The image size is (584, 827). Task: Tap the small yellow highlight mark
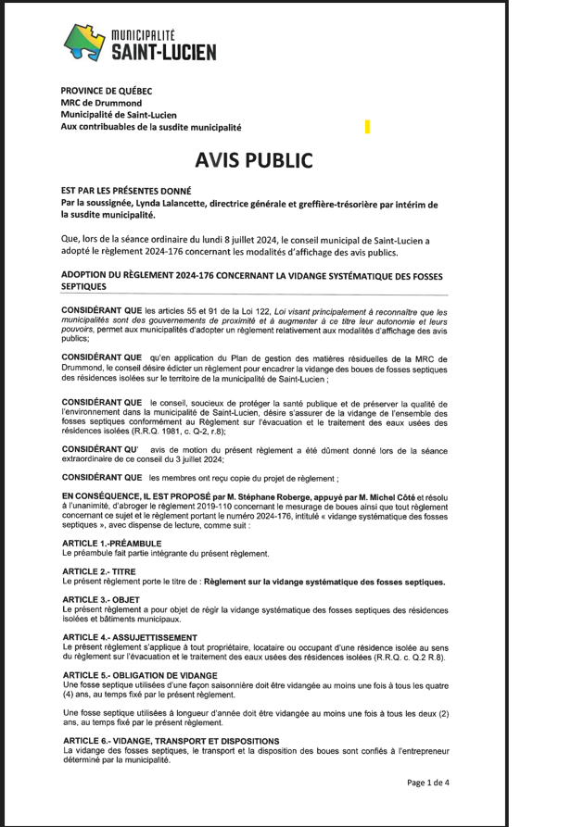click(x=367, y=126)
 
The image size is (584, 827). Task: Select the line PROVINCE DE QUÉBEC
click(x=107, y=91)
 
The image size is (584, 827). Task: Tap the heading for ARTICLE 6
click(x=170, y=741)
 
